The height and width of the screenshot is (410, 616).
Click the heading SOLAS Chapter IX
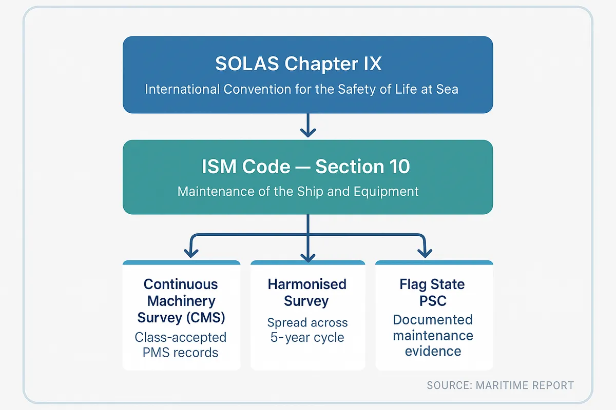click(298, 65)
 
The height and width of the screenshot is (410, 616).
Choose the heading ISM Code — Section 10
click(307, 167)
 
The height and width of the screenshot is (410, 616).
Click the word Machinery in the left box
click(181, 301)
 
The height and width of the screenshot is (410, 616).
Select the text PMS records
click(181, 353)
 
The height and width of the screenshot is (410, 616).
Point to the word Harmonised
click(307, 284)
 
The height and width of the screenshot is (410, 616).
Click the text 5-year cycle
click(307, 338)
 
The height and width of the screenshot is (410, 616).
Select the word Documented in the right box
click(432, 320)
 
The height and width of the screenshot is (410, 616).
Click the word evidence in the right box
click(433, 352)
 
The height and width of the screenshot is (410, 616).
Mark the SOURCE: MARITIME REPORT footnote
click(500, 385)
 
